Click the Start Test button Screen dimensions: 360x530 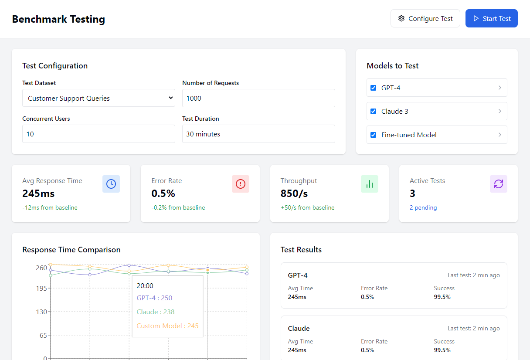pyautogui.click(x=491, y=19)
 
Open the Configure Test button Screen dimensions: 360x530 pyautogui.click(x=425, y=19)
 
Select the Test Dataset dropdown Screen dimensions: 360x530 pyautogui.click(x=99, y=98)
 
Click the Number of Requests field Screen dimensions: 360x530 pyautogui.click(x=258, y=98)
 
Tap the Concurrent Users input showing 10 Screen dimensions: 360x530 pyautogui.click(x=99, y=134)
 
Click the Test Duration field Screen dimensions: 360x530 pyautogui.click(x=258, y=134)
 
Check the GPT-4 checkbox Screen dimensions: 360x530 pyautogui.click(x=373, y=88)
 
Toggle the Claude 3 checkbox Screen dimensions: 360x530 pyautogui.click(x=373, y=112)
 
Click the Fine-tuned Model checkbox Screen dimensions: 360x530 pyautogui.click(x=373, y=135)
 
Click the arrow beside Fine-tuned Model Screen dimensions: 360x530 pyautogui.click(x=499, y=135)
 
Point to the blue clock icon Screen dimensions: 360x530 pyautogui.click(x=111, y=184)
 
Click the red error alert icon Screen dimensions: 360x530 pyautogui.click(x=241, y=184)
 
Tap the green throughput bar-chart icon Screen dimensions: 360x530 pyautogui.click(x=370, y=184)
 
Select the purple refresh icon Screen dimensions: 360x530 pyautogui.click(x=499, y=184)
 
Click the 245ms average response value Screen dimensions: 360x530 pyautogui.click(x=38, y=194)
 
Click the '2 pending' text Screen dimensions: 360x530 pyautogui.click(x=423, y=208)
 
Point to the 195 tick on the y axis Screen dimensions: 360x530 pyautogui.click(x=41, y=288)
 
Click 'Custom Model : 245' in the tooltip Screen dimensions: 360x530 pyautogui.click(x=167, y=326)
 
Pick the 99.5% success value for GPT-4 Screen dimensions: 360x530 pyautogui.click(x=442, y=297)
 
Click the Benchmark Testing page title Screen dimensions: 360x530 pyautogui.click(x=58, y=19)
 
